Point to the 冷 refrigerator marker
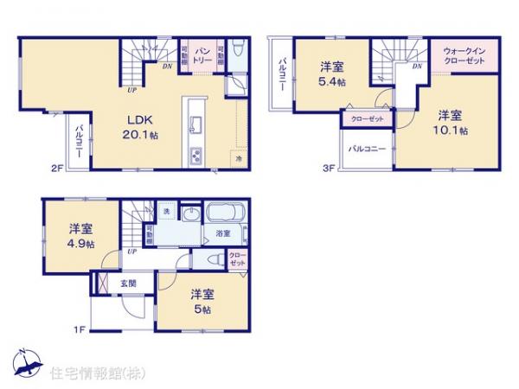pos(237,159)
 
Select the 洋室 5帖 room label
pos(201,299)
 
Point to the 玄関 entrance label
pos(127,282)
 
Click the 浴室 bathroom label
pos(223,233)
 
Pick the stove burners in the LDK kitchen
pos(195,156)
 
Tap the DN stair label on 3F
pos(417,66)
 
